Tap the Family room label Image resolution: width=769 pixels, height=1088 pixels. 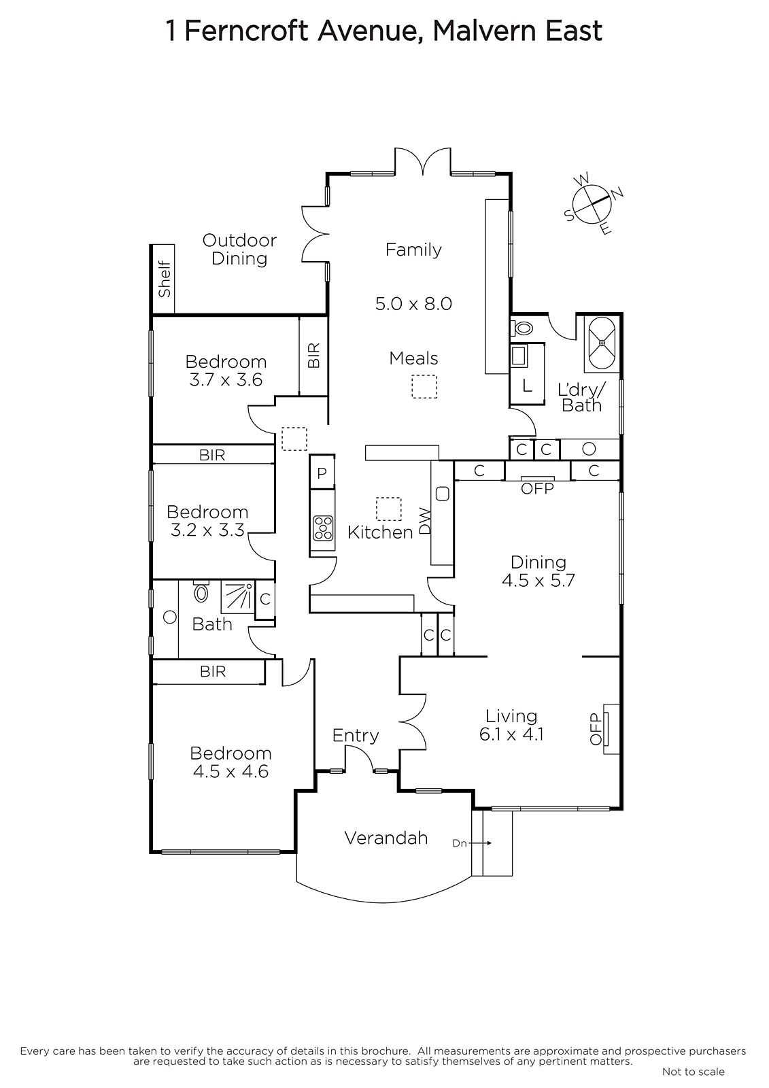pyautogui.click(x=413, y=250)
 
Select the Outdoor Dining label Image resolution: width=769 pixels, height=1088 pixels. pyautogui.click(x=239, y=249)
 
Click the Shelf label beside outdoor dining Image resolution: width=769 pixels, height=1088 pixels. pyautogui.click(x=165, y=279)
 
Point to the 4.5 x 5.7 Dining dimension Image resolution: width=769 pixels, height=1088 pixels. pyautogui.click(x=539, y=580)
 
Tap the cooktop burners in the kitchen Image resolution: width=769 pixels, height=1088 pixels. pyautogui.click(x=323, y=528)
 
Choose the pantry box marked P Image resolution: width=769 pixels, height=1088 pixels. pyautogui.click(x=322, y=472)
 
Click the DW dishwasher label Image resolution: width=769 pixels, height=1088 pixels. pyautogui.click(x=425, y=521)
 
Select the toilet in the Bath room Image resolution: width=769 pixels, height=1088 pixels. pyautogui.click(x=201, y=591)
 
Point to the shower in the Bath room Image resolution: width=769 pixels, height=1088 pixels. pyautogui.click(x=237, y=597)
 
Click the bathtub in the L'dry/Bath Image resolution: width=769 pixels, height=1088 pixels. pyautogui.click(x=602, y=343)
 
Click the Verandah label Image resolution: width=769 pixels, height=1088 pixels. pyautogui.click(x=386, y=838)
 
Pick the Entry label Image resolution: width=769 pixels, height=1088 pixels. pyautogui.click(x=356, y=735)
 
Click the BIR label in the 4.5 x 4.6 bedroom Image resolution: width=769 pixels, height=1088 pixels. pyautogui.click(x=213, y=671)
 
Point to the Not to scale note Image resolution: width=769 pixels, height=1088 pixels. pyautogui.click(x=694, y=1071)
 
